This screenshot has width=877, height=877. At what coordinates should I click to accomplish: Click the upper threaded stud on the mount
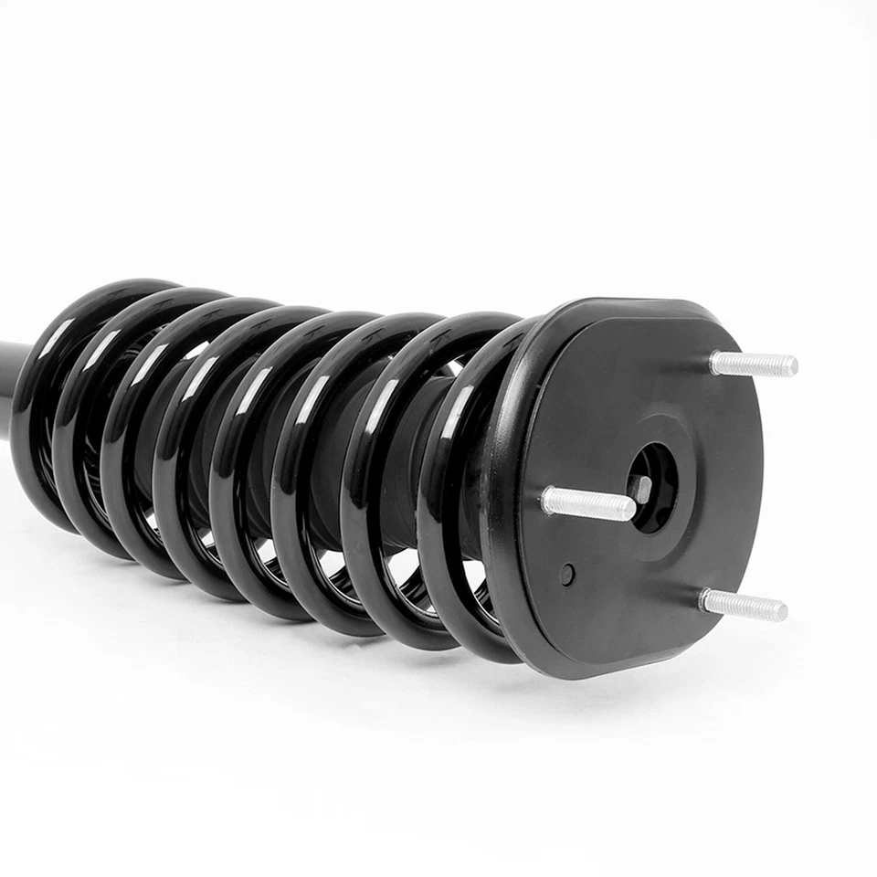(753, 364)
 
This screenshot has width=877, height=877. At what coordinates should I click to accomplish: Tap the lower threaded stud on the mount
(742, 604)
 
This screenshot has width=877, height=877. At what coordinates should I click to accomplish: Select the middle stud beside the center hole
(586, 503)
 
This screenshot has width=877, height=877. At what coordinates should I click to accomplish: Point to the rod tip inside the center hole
(642, 489)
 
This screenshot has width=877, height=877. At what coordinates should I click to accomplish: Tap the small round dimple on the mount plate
(567, 575)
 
